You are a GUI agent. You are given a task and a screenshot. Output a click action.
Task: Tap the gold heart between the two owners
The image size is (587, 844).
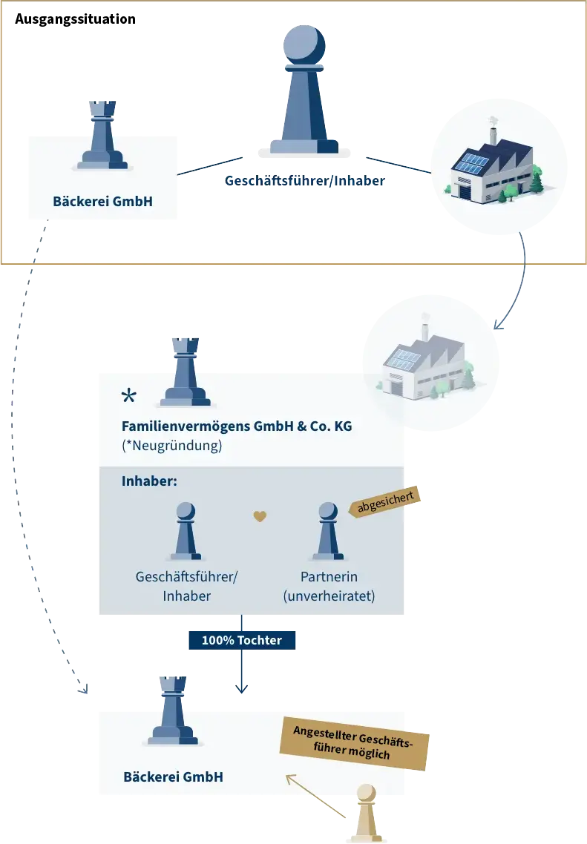(x=259, y=516)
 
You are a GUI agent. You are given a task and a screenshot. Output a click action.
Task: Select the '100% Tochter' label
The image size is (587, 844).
(x=241, y=640)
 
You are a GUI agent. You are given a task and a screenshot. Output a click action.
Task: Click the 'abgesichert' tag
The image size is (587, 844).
(x=386, y=502)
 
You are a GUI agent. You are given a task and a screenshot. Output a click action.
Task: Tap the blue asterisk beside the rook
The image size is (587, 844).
(x=129, y=397)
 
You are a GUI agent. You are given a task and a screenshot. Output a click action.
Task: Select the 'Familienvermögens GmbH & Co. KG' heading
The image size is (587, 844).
(x=237, y=426)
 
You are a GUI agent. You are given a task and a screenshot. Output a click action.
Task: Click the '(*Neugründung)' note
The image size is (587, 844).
(x=171, y=446)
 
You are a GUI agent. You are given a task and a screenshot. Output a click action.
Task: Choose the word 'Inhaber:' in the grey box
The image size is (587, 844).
(x=149, y=481)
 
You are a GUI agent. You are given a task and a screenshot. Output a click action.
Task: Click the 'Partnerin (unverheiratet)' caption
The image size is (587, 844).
(x=329, y=586)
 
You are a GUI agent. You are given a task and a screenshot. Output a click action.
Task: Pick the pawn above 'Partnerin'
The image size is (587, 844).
(x=327, y=530)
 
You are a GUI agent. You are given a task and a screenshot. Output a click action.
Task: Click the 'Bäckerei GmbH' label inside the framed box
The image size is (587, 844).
(x=102, y=200)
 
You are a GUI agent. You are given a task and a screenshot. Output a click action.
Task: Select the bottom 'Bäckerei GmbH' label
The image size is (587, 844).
(x=173, y=777)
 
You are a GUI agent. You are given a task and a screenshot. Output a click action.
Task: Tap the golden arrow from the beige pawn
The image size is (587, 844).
(x=315, y=796)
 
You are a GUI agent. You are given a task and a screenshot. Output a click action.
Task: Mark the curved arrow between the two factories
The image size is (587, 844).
(x=517, y=282)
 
